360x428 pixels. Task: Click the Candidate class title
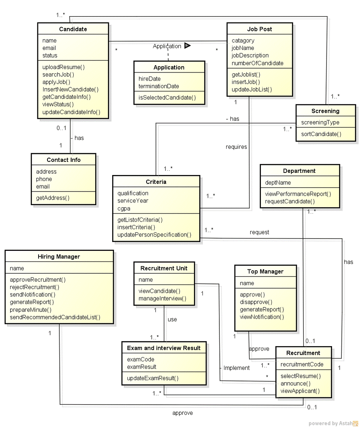(x=73, y=29)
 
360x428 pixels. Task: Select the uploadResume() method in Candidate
(x=64, y=67)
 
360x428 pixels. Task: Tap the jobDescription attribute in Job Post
(x=250, y=56)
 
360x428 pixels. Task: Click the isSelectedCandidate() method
(x=167, y=98)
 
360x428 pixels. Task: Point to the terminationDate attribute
(x=159, y=86)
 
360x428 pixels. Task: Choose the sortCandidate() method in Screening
(x=321, y=134)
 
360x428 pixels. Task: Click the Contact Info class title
(x=64, y=160)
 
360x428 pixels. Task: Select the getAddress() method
(x=53, y=197)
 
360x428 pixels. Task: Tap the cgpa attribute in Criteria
(x=125, y=208)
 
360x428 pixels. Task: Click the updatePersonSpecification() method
(x=154, y=235)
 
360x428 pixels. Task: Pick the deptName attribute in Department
(x=278, y=183)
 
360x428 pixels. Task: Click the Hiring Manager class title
(x=59, y=256)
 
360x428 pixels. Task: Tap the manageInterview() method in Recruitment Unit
(x=162, y=299)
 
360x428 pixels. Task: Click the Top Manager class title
(x=265, y=272)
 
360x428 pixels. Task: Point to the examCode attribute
(x=141, y=359)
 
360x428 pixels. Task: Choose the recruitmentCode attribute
(x=302, y=364)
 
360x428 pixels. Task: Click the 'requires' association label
(x=236, y=147)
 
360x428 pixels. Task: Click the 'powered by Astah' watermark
(x=333, y=423)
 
